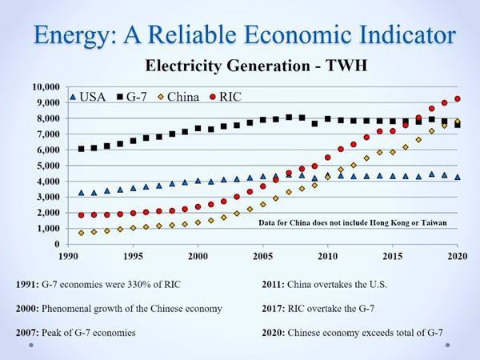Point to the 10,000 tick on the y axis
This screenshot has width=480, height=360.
45,86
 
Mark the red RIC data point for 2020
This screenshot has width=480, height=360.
457,99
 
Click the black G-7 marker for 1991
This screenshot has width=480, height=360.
81,149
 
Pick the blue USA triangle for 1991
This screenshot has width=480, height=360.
81,193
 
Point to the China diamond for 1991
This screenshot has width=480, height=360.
81,233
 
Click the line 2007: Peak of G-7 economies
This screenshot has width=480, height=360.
97,330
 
